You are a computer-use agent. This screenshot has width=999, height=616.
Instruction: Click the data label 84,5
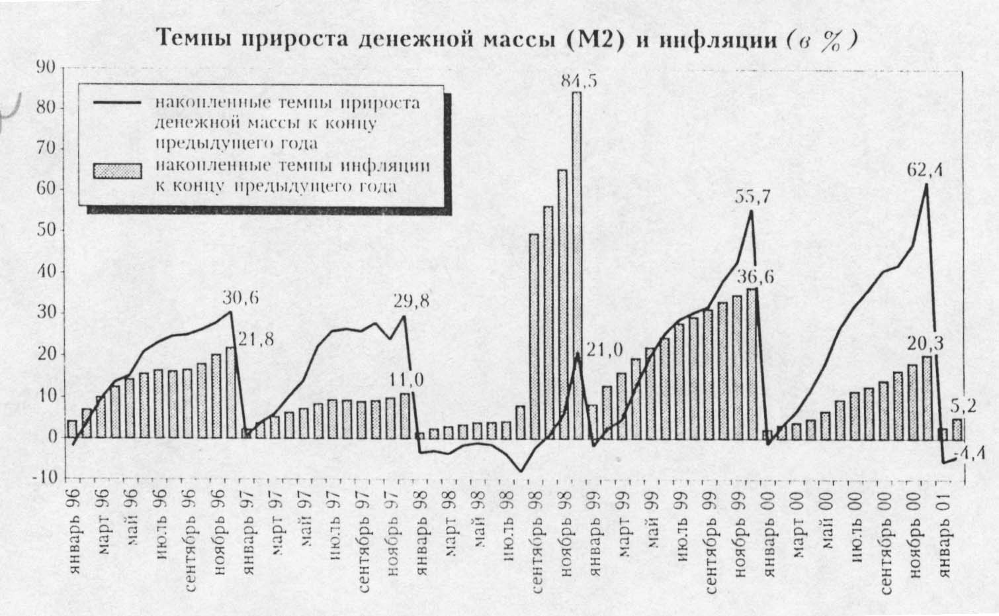pos(578,82)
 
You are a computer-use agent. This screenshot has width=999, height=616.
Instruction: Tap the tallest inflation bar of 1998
pos(577,265)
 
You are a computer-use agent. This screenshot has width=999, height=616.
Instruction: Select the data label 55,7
pos(752,198)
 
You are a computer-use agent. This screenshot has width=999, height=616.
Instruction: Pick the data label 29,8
pos(410,302)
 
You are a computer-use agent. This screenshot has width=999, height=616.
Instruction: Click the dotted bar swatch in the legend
pos(118,171)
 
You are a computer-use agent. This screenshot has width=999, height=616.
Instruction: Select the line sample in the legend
pos(118,103)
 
